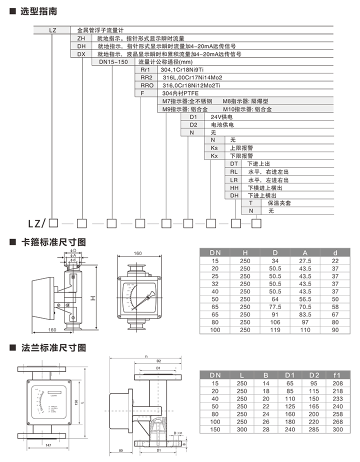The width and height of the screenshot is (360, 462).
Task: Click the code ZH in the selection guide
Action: click(x=81, y=38)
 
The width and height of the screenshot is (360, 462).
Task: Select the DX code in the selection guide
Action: click(x=81, y=54)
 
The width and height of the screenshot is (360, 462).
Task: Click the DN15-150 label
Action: click(x=113, y=61)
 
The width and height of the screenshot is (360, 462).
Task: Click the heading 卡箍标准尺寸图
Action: click(x=53, y=242)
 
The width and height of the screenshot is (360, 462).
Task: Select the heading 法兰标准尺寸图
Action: click(x=53, y=346)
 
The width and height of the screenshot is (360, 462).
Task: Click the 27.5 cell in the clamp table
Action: click(x=305, y=261)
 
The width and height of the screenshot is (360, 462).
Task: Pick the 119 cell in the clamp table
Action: click(x=275, y=331)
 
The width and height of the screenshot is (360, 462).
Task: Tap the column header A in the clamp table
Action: click(x=305, y=252)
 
